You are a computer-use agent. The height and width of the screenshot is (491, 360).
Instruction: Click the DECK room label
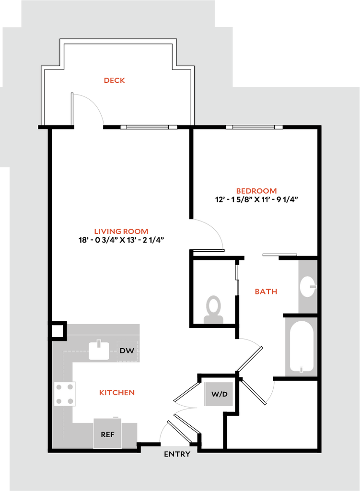tap(115, 81)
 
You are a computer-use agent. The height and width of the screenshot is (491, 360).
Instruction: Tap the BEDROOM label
tap(256, 191)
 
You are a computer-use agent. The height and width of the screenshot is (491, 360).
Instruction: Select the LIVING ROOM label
tap(121, 232)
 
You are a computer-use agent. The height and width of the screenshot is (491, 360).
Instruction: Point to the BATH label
tap(266, 292)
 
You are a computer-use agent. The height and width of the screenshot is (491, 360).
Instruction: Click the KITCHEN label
tap(117, 393)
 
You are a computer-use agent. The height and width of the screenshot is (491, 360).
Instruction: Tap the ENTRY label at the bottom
tap(177, 454)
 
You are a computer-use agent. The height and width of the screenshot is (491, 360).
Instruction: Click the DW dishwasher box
tap(127, 351)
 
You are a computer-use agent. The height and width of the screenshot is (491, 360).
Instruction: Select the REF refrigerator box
tap(107, 434)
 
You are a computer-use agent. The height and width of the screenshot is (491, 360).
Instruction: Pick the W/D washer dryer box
tap(219, 394)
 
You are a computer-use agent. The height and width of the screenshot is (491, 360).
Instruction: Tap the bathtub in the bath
tap(302, 346)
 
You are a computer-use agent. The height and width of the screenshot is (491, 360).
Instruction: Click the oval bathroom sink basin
tap(307, 287)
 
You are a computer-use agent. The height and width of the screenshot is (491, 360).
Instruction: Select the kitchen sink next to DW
tap(100, 352)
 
